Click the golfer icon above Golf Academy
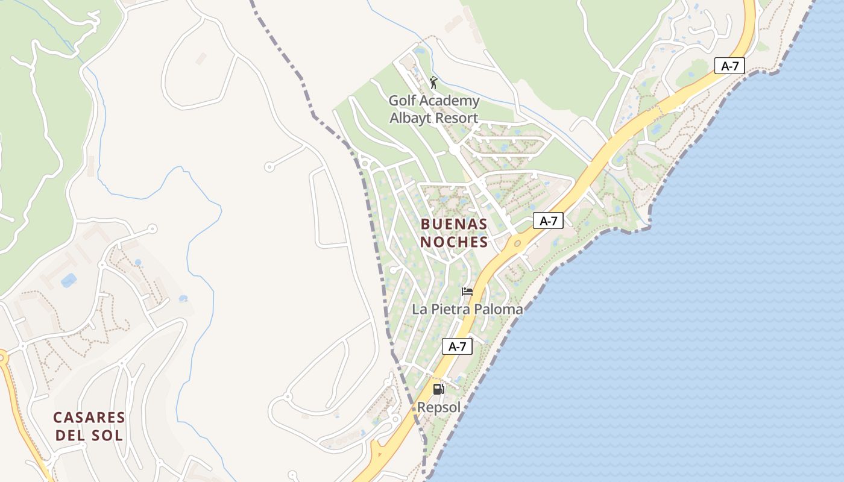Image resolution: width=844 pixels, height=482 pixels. tap(433, 82)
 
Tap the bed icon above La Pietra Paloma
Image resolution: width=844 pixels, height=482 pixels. tap(467, 292)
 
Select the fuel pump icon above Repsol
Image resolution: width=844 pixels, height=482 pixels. tap(439, 389)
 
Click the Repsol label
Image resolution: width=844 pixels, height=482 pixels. tap(439, 408)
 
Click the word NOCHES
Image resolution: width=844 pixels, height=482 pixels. tap(454, 242)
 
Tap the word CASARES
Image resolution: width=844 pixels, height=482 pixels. tap(89, 418)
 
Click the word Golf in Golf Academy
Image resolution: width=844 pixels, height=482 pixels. tap(402, 101)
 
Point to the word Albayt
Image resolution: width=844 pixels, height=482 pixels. tap(411, 118)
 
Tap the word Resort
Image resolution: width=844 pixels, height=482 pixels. tap(456, 118)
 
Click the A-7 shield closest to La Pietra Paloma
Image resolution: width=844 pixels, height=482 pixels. tap(457, 346)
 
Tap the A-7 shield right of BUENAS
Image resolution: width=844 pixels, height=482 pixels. tap(548, 221)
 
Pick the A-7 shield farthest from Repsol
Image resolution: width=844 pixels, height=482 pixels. tap(729, 66)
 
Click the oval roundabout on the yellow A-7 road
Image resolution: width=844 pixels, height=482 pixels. tap(517, 244)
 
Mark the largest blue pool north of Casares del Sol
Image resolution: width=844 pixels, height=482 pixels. tap(69, 280)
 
